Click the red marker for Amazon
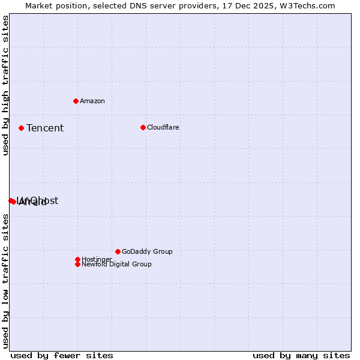(x=76, y=101)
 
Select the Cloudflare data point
(x=143, y=127)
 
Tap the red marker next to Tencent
(x=21, y=128)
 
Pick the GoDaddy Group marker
(x=118, y=251)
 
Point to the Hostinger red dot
(x=77, y=259)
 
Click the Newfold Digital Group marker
(x=77, y=264)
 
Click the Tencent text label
(x=45, y=128)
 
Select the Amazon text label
(x=92, y=101)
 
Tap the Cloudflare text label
(x=163, y=127)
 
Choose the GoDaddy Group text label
(x=146, y=251)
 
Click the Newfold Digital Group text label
(x=116, y=264)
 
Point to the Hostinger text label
(x=97, y=259)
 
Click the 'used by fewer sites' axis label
(x=62, y=355)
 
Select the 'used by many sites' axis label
(x=301, y=355)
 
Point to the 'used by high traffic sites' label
(x=5, y=86)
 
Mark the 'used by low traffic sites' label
(x=5, y=280)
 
